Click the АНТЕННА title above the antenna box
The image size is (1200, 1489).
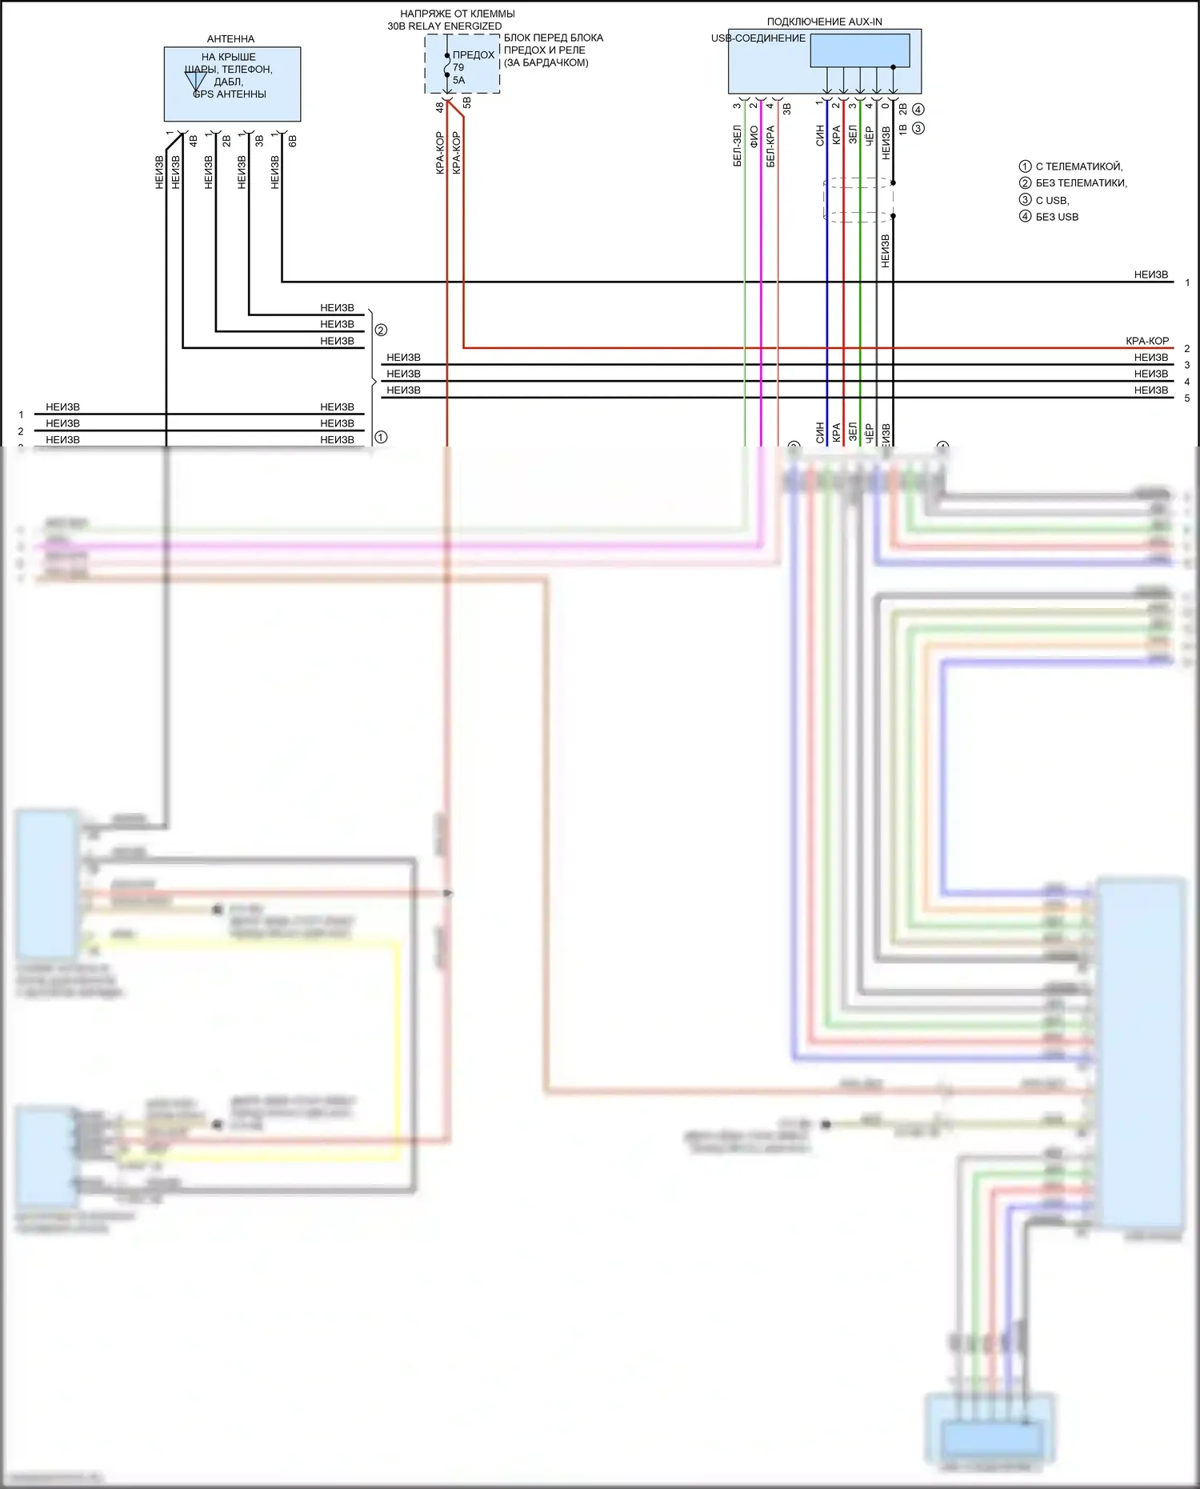coord(230,38)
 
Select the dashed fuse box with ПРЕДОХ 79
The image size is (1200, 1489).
coord(462,64)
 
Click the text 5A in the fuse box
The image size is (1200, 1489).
coord(458,80)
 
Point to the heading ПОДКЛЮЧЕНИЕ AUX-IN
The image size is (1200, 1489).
coord(824,22)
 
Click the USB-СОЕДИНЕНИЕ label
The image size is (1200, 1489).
coord(758,38)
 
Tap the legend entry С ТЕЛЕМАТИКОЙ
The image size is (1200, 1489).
coord(1078,166)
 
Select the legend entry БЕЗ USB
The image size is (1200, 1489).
coord(1056,217)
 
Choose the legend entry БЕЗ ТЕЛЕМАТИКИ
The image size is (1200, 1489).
coord(1080,183)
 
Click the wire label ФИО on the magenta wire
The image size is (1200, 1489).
coord(754,137)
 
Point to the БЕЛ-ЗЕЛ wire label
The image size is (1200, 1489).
coord(738,146)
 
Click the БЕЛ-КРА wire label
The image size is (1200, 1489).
coord(770,146)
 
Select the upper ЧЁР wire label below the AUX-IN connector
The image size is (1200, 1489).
coord(870,136)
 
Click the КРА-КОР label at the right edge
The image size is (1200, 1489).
coord(1147,341)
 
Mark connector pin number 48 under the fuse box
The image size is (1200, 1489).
coord(440,106)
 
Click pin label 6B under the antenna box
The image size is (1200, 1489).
coord(293,141)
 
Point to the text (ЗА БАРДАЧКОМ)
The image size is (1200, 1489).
coord(546,62)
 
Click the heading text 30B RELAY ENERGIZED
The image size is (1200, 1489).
coord(445,26)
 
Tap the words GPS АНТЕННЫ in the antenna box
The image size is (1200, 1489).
coord(230,94)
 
